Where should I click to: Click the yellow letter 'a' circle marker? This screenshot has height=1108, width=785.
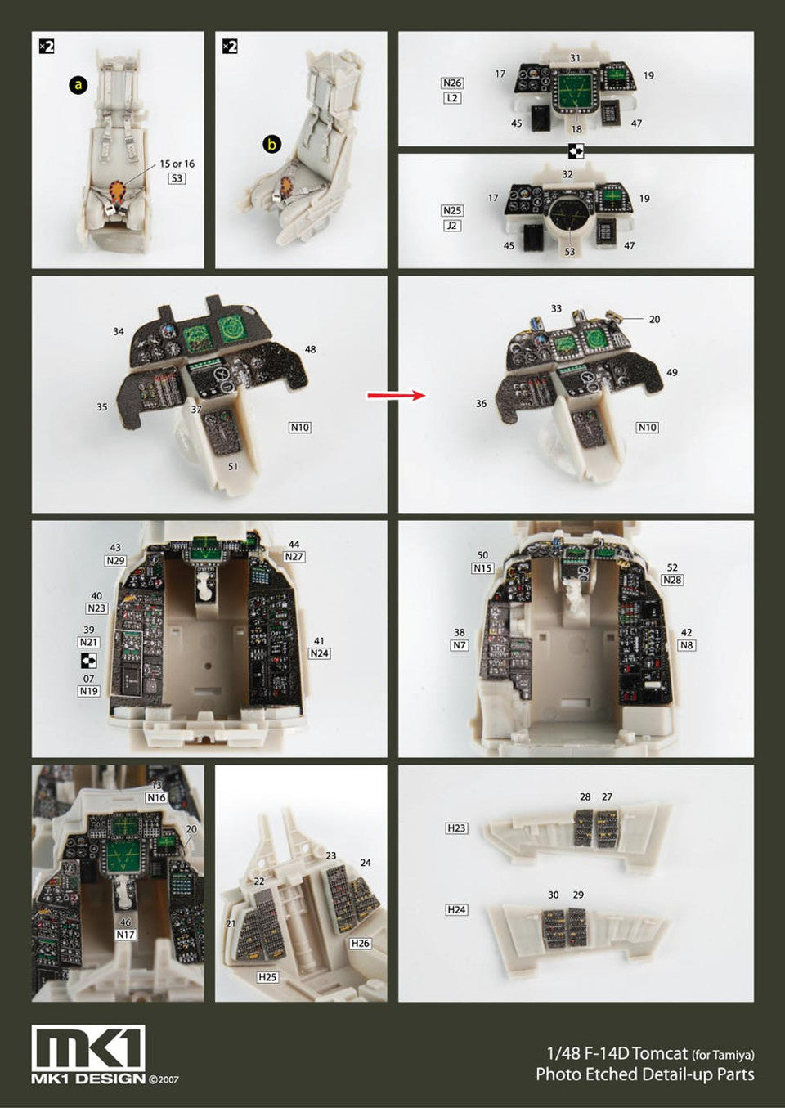(78, 85)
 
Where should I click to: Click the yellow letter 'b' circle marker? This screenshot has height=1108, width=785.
(271, 145)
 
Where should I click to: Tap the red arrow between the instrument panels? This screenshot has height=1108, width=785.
(397, 395)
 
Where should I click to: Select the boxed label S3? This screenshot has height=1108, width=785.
(177, 178)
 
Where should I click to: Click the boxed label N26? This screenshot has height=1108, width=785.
(452, 83)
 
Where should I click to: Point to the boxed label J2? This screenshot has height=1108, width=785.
(451, 226)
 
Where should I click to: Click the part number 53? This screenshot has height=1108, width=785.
(570, 252)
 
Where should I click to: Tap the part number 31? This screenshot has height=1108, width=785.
(575, 58)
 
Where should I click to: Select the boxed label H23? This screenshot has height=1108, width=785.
(456, 828)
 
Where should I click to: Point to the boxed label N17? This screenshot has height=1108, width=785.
(126, 935)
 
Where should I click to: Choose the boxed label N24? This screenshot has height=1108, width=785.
(320, 653)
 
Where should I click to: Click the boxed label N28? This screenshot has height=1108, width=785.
(672, 580)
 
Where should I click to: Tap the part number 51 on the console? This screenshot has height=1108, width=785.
(232, 466)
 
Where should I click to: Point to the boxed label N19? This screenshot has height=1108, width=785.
(88, 691)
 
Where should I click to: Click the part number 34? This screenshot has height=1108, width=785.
(118, 331)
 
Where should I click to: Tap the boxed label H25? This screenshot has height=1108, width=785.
(267, 977)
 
